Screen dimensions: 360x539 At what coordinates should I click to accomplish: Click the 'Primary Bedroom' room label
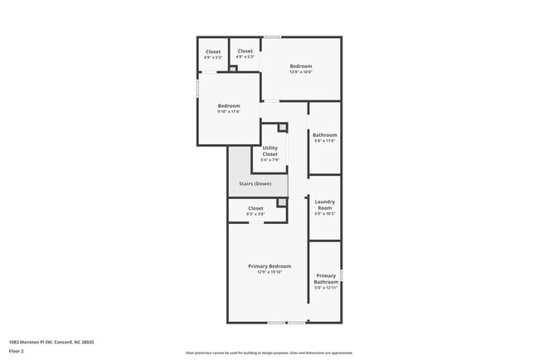tap(269, 266)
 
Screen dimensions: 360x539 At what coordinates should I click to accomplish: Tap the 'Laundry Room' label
tap(325, 206)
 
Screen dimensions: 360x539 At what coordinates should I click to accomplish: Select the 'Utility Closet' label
tap(270, 150)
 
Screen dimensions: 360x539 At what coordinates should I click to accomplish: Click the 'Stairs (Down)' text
tap(256, 182)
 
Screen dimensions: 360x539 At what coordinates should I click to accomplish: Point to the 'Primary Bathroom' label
tap(326, 279)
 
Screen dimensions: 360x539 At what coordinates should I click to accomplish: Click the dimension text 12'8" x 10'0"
tap(300, 71)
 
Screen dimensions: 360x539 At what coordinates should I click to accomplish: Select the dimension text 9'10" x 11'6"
tap(229, 111)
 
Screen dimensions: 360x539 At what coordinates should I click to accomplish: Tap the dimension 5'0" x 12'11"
tap(326, 288)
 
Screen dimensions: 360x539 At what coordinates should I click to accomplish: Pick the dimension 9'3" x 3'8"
tap(255, 214)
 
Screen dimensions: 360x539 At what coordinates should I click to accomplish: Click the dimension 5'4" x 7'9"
tap(270, 160)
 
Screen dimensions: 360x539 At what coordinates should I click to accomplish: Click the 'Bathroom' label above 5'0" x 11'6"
tap(325, 134)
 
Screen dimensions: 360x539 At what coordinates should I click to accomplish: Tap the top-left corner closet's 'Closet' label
tap(213, 51)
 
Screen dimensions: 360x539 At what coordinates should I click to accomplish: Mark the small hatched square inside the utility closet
tap(283, 127)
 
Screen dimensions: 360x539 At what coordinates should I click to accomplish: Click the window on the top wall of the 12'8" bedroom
tap(272, 36)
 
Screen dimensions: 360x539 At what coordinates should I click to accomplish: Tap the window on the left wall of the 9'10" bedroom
tap(197, 87)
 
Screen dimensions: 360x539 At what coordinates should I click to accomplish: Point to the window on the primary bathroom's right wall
tap(341, 275)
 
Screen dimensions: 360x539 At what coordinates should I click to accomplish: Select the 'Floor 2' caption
tap(17, 351)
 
